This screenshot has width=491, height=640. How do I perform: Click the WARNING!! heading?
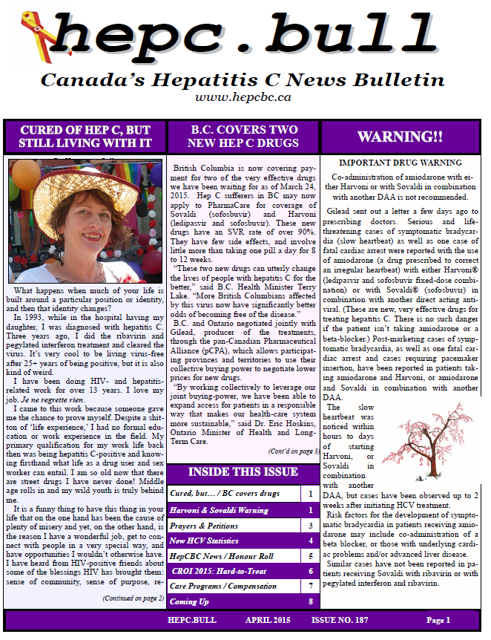pyautogui.click(x=400, y=137)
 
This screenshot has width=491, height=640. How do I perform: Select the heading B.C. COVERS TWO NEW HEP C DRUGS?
pyautogui.click(x=244, y=136)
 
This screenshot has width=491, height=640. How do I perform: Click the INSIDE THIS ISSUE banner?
pyautogui.click(x=243, y=472)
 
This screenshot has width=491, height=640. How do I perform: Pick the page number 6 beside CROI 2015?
pyautogui.click(x=309, y=572)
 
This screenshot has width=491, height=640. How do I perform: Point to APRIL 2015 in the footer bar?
pyautogui.click(x=271, y=620)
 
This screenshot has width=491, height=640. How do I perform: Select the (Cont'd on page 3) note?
pyautogui.click(x=294, y=451)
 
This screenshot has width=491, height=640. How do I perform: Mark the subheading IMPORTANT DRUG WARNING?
pyautogui.click(x=400, y=163)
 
